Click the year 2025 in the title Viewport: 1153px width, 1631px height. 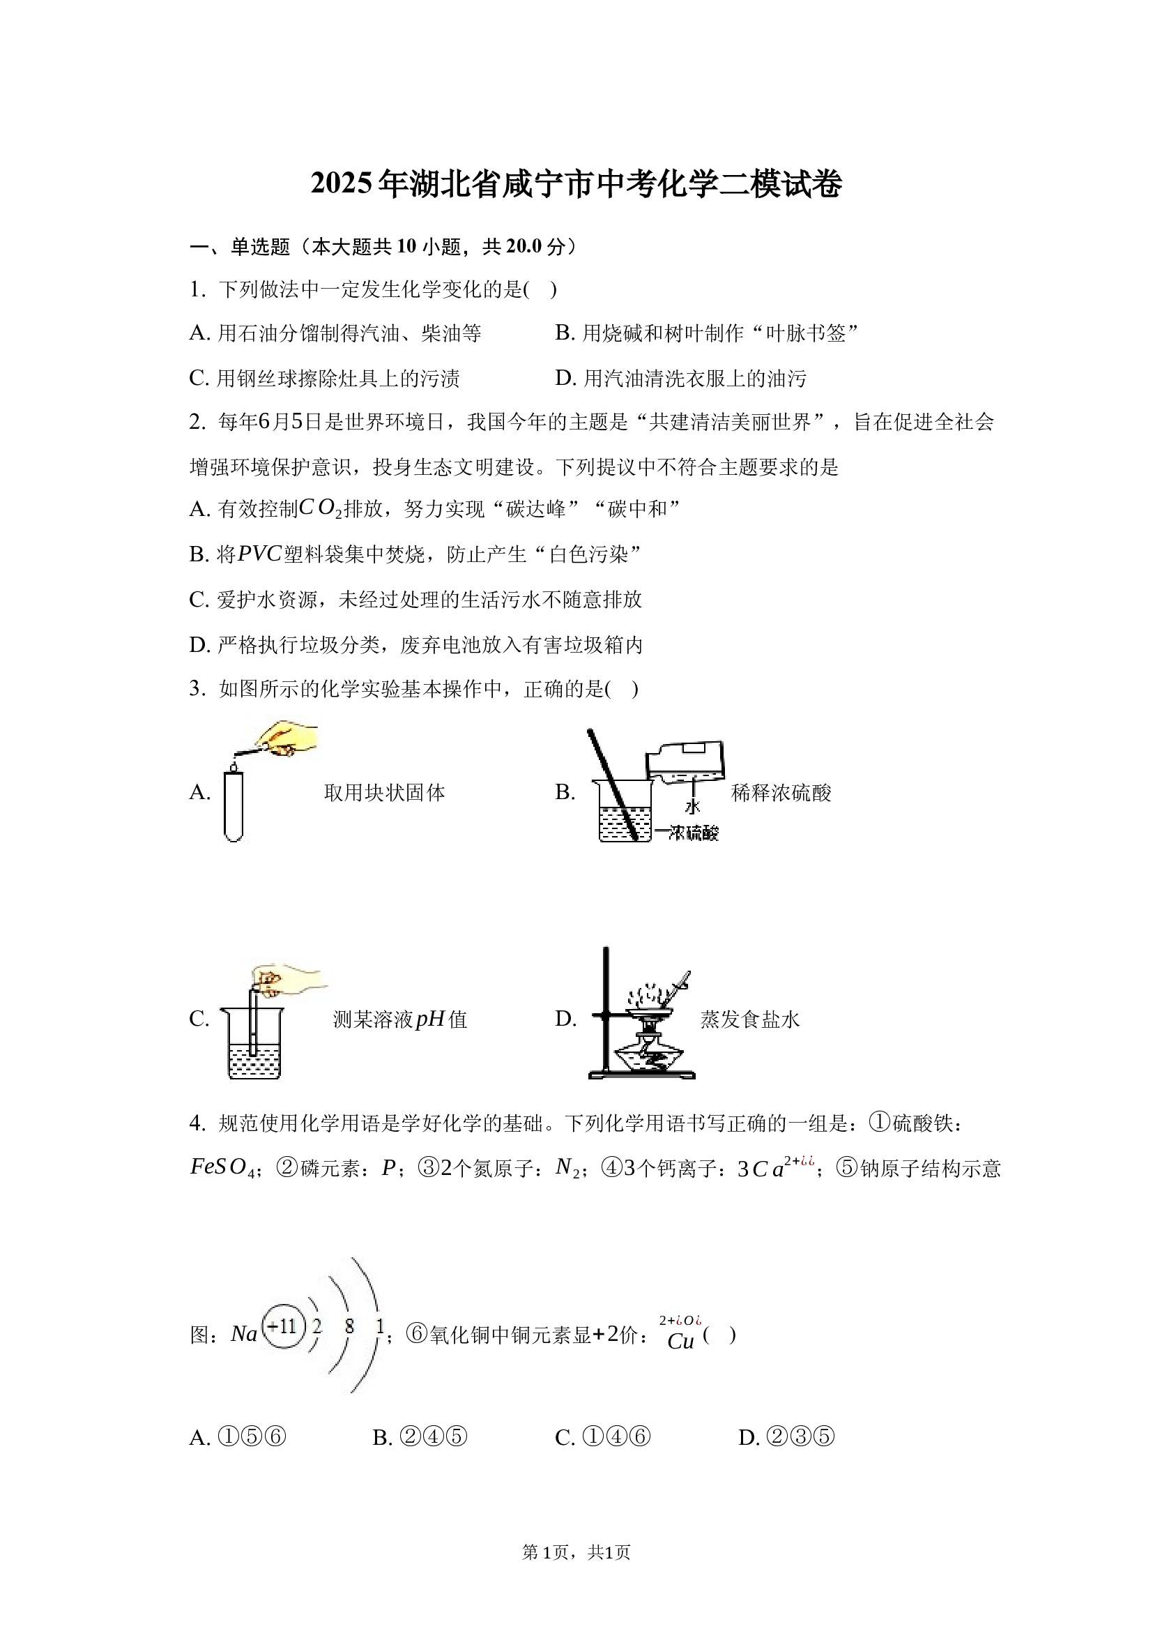[x=342, y=184]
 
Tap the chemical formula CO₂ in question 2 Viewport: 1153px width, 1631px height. [x=320, y=508]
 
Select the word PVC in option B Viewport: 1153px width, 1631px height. [x=260, y=554]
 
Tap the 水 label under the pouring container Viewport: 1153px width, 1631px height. [x=693, y=805]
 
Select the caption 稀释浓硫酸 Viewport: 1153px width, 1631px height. [x=781, y=793]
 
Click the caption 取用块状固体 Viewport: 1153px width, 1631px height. [x=384, y=793]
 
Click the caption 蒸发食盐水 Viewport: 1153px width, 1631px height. [x=750, y=1019]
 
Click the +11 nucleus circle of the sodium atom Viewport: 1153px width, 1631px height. [x=284, y=1326]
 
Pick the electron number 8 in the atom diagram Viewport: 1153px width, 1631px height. [x=349, y=1326]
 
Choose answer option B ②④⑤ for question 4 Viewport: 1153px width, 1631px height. [x=420, y=1438]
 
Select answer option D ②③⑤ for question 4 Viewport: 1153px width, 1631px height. [x=786, y=1438]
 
